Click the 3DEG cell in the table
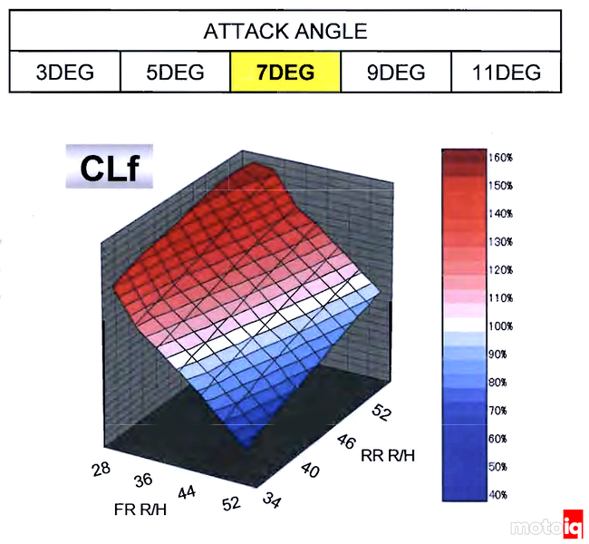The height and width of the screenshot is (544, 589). [64, 73]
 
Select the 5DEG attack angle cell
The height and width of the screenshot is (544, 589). [175, 73]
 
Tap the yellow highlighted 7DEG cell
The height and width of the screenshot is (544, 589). [285, 73]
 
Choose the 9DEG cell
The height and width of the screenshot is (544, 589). [395, 73]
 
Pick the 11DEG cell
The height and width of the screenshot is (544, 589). [506, 73]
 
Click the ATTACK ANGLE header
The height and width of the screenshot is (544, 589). [285, 32]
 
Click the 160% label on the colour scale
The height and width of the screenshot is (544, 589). [500, 157]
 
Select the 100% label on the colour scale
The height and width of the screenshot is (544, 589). [500, 325]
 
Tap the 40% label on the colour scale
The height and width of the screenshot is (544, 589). [498, 495]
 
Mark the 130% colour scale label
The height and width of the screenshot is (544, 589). [500, 241]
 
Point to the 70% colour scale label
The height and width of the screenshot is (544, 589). [498, 411]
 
